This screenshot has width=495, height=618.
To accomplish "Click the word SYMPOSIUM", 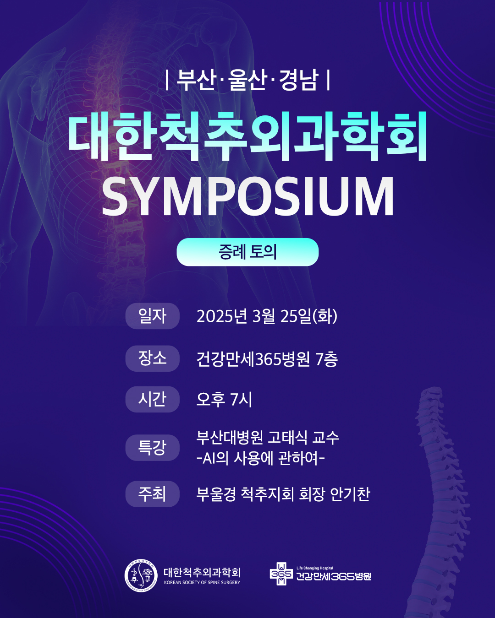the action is tap(247, 196).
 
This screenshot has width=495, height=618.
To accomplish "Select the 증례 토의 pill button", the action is tap(247, 252).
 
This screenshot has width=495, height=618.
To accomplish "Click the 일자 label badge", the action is tap(153, 316).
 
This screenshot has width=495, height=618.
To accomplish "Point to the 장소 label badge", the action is tap(153, 358).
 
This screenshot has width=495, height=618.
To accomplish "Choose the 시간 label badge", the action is tap(153, 399).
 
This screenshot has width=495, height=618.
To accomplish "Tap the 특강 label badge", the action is tap(153, 448).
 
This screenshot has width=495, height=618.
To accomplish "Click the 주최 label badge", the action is tap(153, 494).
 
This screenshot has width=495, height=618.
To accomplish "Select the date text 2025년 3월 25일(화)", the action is tap(267, 316).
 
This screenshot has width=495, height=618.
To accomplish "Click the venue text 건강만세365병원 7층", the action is tap(267, 359).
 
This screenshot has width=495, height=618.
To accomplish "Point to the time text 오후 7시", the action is tap(224, 400).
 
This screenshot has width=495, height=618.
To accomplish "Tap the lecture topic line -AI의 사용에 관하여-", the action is tap(261, 458).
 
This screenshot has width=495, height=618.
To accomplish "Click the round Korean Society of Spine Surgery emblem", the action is tap(141, 575).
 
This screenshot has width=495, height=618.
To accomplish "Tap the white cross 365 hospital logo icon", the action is tap(281, 574).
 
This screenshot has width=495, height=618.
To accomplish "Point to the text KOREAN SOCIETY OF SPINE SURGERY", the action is tap(202, 582).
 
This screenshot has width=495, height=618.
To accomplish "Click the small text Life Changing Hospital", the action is tap(315, 568).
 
